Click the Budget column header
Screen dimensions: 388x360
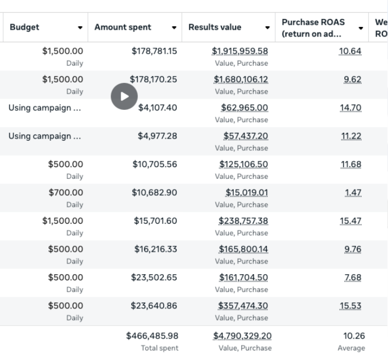point(25,27)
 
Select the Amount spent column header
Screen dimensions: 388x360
point(123,27)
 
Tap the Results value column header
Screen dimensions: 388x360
point(215,27)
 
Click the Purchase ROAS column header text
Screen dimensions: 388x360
point(313,28)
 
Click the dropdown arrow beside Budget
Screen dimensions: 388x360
point(80,27)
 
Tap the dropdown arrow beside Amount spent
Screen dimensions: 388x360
point(174,27)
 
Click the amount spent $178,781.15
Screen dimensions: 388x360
point(154,51)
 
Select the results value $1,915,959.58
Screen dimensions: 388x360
point(240,51)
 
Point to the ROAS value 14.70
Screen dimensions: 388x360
point(350,108)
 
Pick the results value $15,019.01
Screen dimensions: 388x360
point(247,193)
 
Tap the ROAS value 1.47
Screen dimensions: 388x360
point(353,193)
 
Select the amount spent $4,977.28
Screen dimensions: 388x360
point(158,136)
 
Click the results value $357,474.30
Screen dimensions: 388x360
point(243,306)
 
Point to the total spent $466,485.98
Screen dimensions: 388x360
point(152,336)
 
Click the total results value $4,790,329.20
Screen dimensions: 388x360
point(242,336)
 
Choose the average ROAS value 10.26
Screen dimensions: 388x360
point(354,336)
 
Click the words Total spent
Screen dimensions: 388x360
point(160,348)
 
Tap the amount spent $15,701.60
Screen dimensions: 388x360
point(155,221)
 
